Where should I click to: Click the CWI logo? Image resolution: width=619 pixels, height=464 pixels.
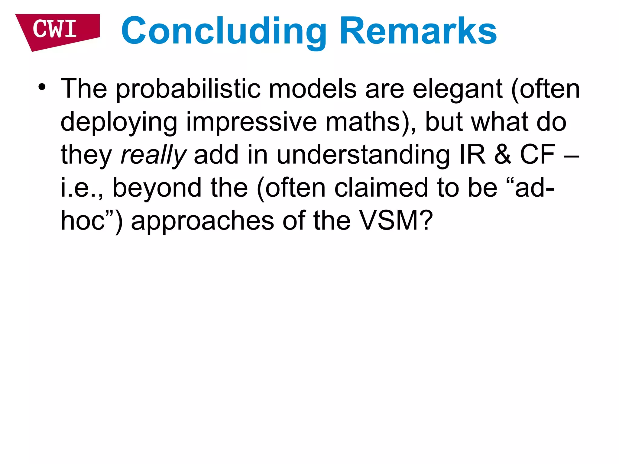56,30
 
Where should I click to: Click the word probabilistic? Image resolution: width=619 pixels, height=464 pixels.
188,89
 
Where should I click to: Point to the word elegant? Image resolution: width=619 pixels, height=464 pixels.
457,90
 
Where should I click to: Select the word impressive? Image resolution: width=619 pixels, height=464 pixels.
251,122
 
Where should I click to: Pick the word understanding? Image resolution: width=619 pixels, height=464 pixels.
363,155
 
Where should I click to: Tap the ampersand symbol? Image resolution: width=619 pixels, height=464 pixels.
503,155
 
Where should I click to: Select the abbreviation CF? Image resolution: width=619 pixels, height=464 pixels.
537,155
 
